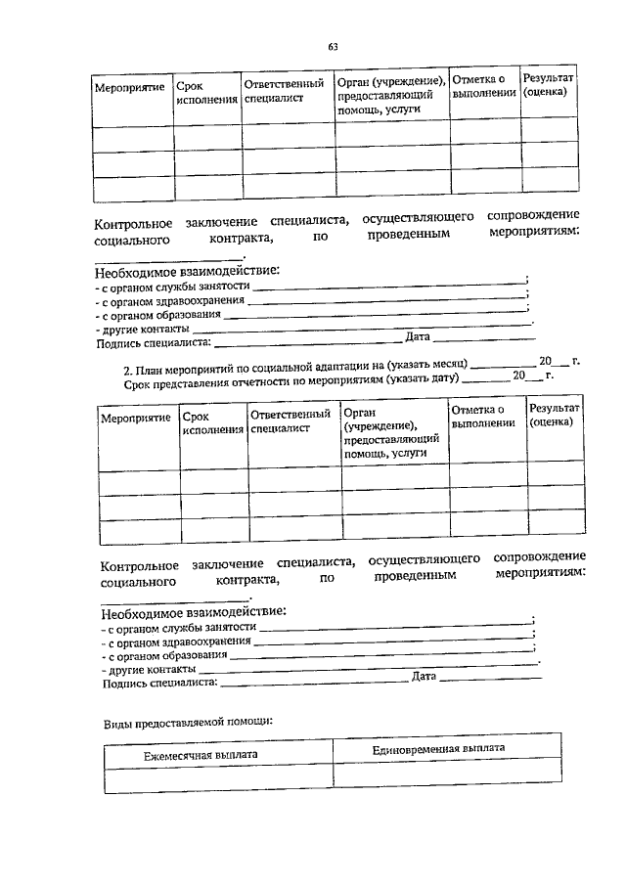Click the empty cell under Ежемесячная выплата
click(x=217, y=778)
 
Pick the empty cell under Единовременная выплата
click(x=447, y=775)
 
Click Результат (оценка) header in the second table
click(x=555, y=416)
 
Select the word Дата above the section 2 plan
click(x=418, y=337)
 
